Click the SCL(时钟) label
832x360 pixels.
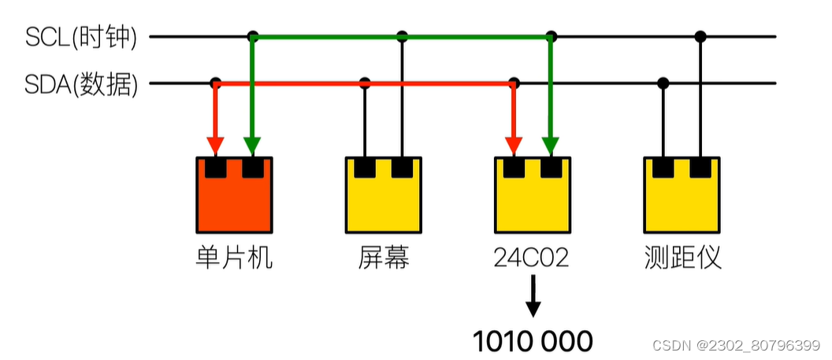click(x=80, y=38)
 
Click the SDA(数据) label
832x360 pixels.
click(x=81, y=84)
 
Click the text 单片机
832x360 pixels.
click(x=234, y=258)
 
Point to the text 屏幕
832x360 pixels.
click(x=384, y=258)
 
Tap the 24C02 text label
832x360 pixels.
click(x=533, y=258)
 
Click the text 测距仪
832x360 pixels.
click(x=682, y=258)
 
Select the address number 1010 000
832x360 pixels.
click(x=533, y=340)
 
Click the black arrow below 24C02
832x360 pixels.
click(x=533, y=300)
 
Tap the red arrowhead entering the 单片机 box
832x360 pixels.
click(x=215, y=146)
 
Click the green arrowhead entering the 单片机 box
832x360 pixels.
click(x=252, y=146)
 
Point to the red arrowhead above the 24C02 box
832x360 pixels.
click(x=514, y=146)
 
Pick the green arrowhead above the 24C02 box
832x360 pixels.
click(x=551, y=146)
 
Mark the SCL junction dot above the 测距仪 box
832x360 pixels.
click(x=700, y=36)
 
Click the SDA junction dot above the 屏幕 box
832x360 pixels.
click(x=365, y=83)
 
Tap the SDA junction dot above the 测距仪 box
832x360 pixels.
click(x=663, y=83)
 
